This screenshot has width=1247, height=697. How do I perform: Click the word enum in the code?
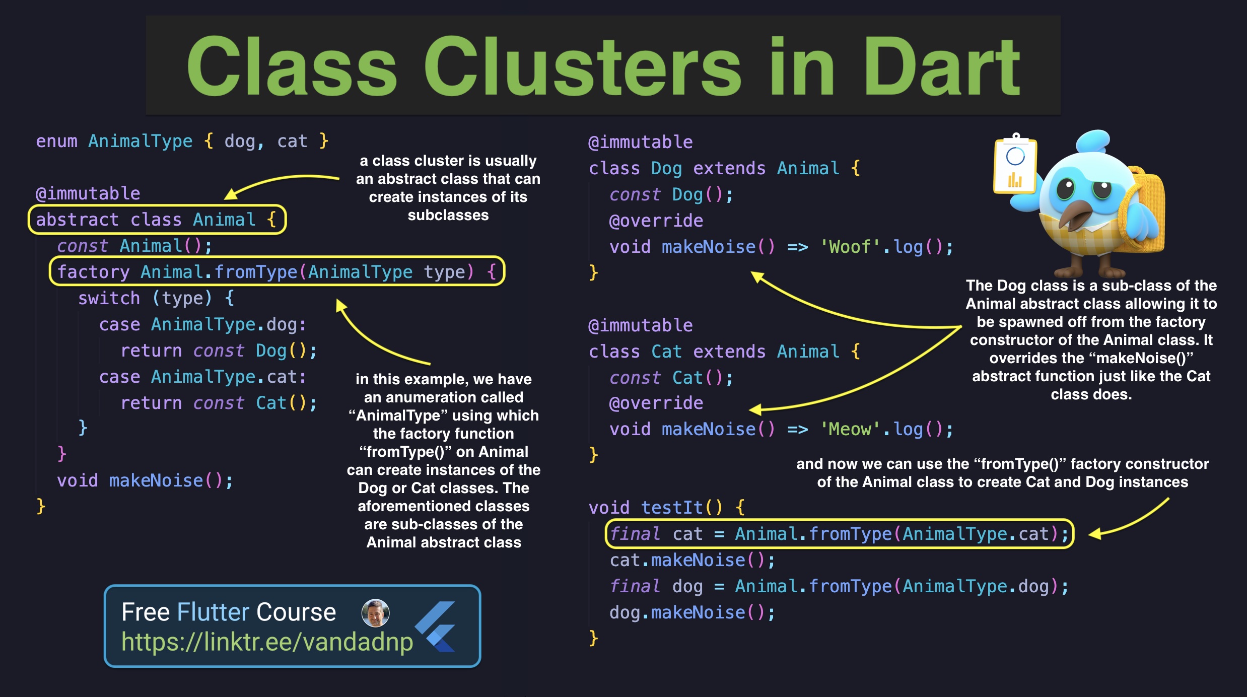[x=56, y=142]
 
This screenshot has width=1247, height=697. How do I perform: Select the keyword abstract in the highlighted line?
[x=77, y=220]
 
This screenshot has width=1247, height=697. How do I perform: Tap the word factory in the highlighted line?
[x=93, y=272]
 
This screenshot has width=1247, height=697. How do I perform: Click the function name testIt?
[x=672, y=508]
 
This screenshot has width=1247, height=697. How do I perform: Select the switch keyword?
[x=109, y=299]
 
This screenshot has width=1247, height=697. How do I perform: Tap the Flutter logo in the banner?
[x=436, y=626]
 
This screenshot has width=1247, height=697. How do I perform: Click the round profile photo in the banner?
[x=375, y=613]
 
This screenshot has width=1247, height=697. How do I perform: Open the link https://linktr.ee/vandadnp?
[x=267, y=642]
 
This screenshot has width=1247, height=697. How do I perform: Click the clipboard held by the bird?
[x=1014, y=166]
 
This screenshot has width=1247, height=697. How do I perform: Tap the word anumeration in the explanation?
[x=443, y=398]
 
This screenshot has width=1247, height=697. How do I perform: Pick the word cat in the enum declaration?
[x=292, y=142]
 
